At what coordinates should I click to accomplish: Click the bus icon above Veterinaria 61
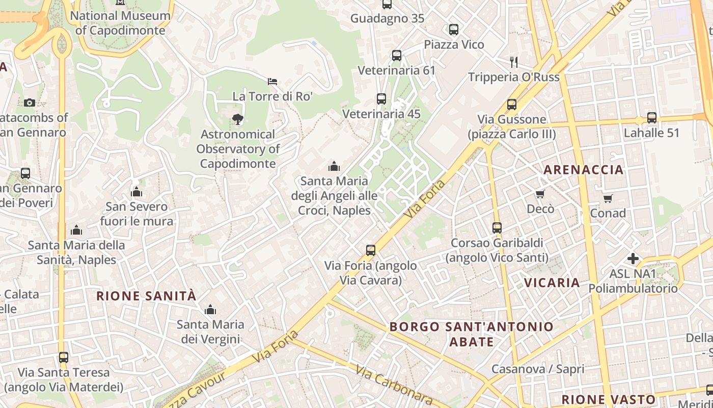(397, 56)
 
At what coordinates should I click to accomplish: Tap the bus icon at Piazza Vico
(454, 30)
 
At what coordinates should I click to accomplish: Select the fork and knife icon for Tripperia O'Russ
(514, 62)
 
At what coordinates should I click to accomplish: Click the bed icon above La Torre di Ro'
(272, 82)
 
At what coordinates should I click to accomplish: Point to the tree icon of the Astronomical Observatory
(237, 119)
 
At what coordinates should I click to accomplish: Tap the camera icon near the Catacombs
(30, 103)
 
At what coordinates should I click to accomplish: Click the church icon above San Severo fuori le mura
(136, 192)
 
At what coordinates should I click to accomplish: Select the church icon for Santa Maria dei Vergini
(210, 310)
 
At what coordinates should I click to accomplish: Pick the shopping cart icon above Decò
(540, 194)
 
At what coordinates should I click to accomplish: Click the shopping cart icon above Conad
(608, 198)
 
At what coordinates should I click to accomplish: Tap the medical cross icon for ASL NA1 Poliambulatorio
(633, 259)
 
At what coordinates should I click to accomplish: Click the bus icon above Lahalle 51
(652, 118)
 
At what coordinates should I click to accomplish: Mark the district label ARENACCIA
(584, 170)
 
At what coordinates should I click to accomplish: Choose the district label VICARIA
(552, 283)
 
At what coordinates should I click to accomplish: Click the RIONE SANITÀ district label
(146, 296)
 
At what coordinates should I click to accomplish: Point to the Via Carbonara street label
(394, 385)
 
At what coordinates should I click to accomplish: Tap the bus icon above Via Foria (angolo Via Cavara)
(371, 250)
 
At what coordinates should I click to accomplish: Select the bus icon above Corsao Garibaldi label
(497, 228)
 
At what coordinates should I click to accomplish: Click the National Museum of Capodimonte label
(120, 23)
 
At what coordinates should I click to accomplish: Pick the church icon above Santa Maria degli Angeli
(334, 166)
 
